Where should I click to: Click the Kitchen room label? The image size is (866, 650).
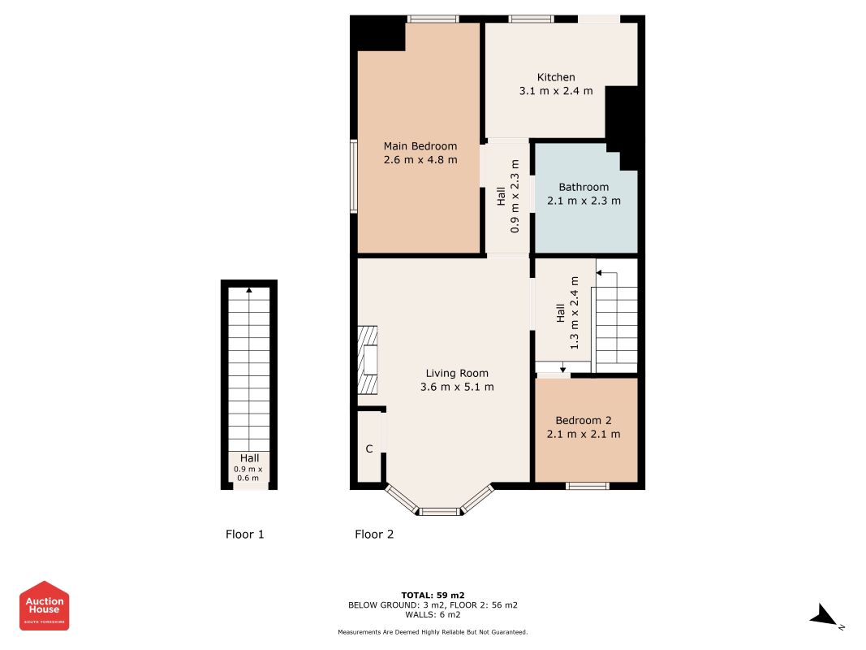point(556,77)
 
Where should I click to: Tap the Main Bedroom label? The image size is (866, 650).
point(420,146)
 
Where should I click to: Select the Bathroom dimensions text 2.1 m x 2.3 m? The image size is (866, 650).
point(584,201)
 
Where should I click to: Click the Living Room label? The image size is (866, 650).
point(457,373)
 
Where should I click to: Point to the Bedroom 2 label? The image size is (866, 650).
point(584,420)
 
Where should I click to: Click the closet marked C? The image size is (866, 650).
point(369,448)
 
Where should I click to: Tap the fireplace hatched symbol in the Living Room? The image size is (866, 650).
point(368,360)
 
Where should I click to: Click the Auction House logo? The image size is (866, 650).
point(44,605)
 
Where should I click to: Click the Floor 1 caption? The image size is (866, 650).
point(244,534)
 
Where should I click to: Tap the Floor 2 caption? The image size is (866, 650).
point(374,534)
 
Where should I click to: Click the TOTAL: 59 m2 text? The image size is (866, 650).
point(433,596)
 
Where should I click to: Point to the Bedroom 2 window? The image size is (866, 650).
point(587,486)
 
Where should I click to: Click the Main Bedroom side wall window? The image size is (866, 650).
point(354,175)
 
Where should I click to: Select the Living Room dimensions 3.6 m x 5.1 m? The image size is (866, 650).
point(457,387)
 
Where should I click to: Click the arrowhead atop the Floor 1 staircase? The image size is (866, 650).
point(249,289)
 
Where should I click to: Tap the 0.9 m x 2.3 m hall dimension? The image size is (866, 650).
point(515,196)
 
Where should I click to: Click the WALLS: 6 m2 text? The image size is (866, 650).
point(433,614)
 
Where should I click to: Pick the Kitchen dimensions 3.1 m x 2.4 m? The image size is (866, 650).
point(556,91)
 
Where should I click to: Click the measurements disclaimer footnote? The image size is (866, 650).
point(433,632)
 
